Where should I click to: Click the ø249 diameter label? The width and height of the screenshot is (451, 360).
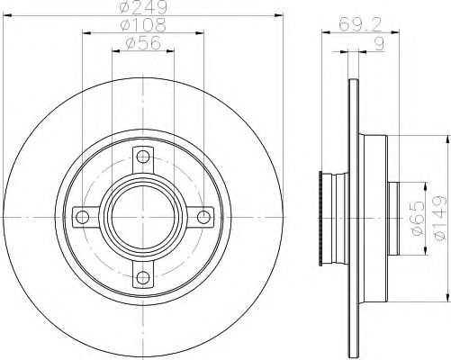click(143, 7)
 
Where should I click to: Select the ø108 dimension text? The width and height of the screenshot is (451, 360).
click(143, 25)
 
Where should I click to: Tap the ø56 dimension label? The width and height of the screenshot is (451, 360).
click(143, 43)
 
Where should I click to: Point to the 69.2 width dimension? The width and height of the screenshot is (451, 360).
click(360, 24)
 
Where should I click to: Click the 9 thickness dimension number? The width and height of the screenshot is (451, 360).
click(380, 44)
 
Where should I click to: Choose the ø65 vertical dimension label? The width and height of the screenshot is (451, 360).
click(418, 218)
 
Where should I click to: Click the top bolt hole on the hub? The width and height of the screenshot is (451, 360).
click(143, 157)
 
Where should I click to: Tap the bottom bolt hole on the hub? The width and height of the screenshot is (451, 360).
click(143, 277)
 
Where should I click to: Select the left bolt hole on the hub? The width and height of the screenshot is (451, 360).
click(83, 217)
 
